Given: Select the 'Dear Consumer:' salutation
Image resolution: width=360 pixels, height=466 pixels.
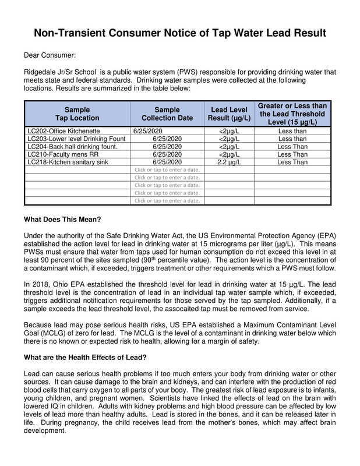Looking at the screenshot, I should [49, 55].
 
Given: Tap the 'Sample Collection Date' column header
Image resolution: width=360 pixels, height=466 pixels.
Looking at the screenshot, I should [168, 114].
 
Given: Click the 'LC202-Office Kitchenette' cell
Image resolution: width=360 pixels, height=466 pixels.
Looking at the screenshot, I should [61, 131].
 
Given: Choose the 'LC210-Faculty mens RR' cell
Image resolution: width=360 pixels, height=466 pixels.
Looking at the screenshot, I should [58, 154].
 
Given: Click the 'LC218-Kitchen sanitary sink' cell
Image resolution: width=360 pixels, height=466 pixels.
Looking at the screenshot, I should [65, 162].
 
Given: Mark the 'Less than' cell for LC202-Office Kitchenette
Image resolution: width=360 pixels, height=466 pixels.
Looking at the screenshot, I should [292, 131].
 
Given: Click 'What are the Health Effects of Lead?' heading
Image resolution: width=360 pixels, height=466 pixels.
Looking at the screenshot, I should [86, 357].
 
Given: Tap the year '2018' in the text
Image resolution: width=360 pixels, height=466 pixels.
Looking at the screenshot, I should [38, 285].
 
